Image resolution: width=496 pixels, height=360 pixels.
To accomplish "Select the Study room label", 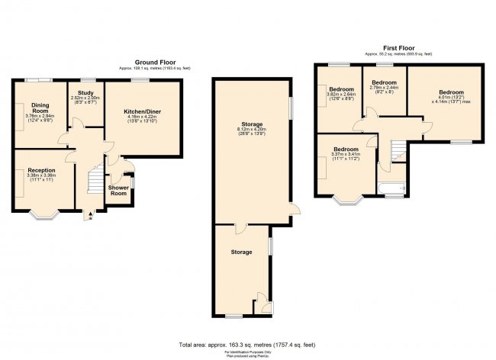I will pos(85,93).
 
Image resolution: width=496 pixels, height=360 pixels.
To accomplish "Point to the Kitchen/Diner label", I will pos(143,111).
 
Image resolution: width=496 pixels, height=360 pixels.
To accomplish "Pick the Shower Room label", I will pos(118,190).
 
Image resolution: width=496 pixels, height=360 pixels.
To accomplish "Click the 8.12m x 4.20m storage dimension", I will pos(252,130).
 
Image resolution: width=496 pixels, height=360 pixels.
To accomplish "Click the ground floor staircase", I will pos(95,182).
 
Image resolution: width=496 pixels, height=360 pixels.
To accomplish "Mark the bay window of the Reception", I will pos(47,215).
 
